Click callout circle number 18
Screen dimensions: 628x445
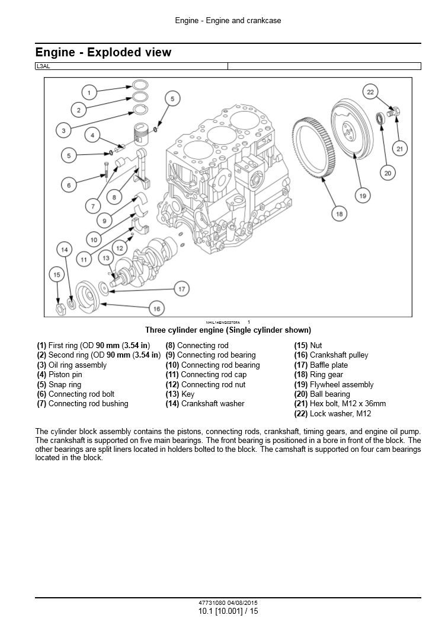pyautogui.click(x=339, y=213)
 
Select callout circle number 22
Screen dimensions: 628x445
pyautogui.click(x=370, y=92)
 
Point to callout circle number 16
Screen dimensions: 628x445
pyautogui.click(x=156, y=308)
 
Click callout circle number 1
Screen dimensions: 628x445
pyautogui.click(x=89, y=92)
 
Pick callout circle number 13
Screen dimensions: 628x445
pyautogui.click(x=106, y=258)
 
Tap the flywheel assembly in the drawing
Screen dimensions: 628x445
pyautogui.click(x=350, y=130)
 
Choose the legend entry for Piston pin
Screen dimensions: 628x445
pyautogui.click(x=59, y=375)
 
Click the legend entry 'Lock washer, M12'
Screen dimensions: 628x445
pyautogui.click(x=332, y=414)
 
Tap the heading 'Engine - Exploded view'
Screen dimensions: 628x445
pyautogui.click(x=103, y=52)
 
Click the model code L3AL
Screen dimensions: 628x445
pyautogui.click(x=43, y=66)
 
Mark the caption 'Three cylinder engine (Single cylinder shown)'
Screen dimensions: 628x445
pyautogui.click(x=228, y=330)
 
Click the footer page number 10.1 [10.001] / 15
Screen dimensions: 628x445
pyautogui.click(x=228, y=611)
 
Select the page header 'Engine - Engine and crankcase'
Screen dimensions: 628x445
pyautogui.click(x=228, y=21)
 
